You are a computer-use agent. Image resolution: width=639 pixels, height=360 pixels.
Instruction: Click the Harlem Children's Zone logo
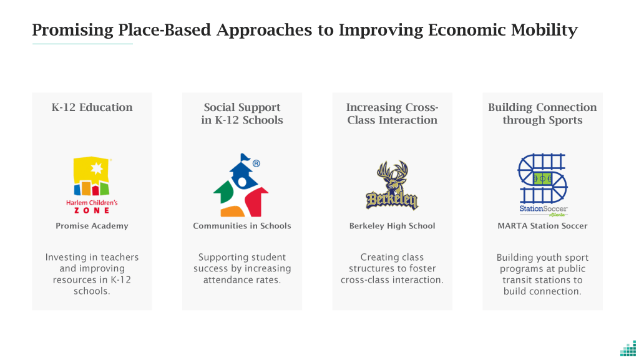click(x=92, y=185)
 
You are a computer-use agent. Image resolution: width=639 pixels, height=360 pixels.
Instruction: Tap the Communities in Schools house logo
click(x=241, y=185)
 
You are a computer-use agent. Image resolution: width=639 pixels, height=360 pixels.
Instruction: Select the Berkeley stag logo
click(x=392, y=185)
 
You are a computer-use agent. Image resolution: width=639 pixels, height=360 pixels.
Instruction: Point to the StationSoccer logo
click(x=542, y=185)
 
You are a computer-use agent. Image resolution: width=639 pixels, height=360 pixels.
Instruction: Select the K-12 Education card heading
click(x=92, y=107)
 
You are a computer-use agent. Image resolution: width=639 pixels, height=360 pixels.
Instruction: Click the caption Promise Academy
click(x=92, y=226)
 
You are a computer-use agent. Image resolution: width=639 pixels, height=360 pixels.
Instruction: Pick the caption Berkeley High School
click(x=392, y=226)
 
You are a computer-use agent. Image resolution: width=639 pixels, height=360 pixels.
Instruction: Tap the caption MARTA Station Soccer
click(x=542, y=226)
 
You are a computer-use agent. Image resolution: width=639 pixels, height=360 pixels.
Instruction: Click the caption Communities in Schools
click(x=242, y=226)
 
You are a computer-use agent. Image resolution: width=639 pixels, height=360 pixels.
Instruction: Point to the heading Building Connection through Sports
click(x=542, y=114)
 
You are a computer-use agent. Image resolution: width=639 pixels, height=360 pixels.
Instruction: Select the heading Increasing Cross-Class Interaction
click(x=392, y=114)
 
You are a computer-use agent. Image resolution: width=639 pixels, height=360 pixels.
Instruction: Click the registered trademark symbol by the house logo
click(x=256, y=163)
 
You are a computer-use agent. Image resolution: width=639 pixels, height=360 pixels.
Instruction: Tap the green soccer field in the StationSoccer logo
click(x=542, y=178)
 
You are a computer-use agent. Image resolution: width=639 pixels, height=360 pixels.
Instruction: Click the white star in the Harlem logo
click(x=97, y=168)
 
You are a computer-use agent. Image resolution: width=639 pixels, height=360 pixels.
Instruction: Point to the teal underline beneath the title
click(x=83, y=44)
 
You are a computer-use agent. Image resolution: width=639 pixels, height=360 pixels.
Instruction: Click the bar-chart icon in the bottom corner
click(x=628, y=349)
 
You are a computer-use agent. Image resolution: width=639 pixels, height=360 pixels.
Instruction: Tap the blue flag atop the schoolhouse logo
click(x=245, y=157)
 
